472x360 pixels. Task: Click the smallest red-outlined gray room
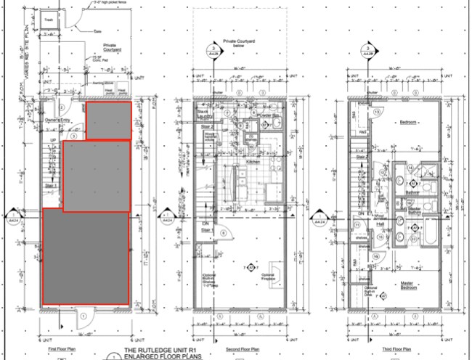[x=108, y=120]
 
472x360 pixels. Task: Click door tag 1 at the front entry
[x=84, y=316]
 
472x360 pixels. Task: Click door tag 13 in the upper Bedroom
[x=376, y=112]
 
